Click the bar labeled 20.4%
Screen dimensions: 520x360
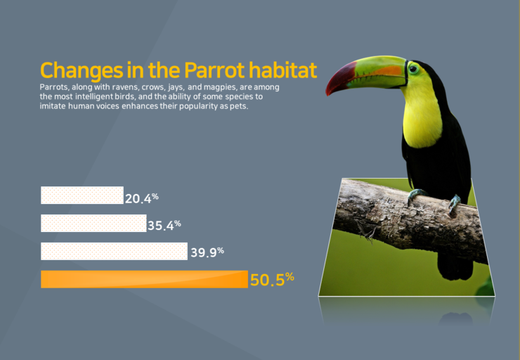[82, 195]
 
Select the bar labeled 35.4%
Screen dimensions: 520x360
[93, 224]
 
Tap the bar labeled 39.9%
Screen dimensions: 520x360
[114, 251]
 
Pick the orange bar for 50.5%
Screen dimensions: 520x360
[144, 279]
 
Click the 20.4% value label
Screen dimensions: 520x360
[142, 198]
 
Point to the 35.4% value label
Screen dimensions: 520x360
[164, 225]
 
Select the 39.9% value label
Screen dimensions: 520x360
[207, 252]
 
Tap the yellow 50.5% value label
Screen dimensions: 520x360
[272, 279]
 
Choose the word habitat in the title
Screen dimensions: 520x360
[283, 70]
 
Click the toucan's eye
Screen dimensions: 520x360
[413, 69]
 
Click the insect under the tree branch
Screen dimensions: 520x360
[368, 231]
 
